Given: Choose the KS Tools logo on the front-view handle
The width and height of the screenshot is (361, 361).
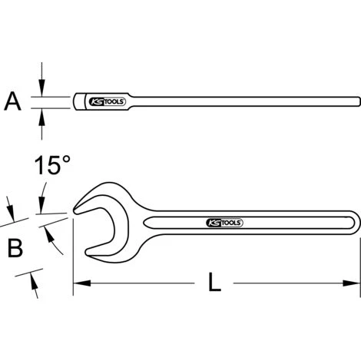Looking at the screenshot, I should coord(225,223).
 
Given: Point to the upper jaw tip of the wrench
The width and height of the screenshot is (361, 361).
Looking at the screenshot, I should coord(76,207).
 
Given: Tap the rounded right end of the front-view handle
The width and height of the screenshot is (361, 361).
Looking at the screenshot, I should coord(354,223).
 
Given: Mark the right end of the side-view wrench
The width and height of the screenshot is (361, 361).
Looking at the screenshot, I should coord(357,101).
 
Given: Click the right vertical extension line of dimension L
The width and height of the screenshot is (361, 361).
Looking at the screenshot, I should coord(359,261).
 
